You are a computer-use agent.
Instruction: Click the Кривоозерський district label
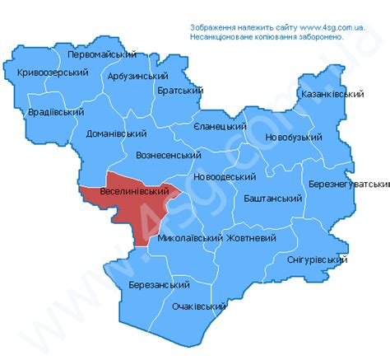(x=52, y=73)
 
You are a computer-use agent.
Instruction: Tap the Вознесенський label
(x=168, y=155)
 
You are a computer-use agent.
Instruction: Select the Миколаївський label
(x=190, y=238)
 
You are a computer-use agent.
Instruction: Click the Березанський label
(x=159, y=284)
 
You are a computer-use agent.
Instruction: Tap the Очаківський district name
(x=198, y=306)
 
